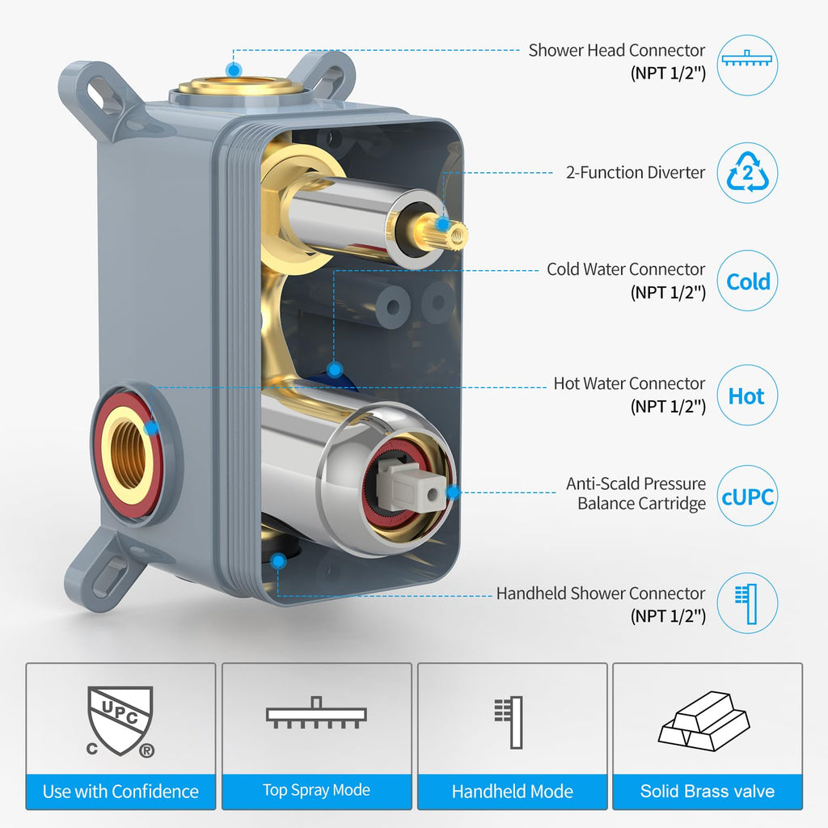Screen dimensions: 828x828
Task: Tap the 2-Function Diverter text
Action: click(x=636, y=173)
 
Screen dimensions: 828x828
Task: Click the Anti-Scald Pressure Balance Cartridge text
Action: click(x=636, y=493)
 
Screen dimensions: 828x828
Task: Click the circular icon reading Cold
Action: click(x=747, y=281)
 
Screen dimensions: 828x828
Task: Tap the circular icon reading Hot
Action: click(x=747, y=395)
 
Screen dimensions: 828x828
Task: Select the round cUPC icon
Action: click(x=747, y=496)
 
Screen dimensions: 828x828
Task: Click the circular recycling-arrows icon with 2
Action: click(x=747, y=173)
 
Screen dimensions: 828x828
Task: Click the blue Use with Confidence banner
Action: click(x=121, y=791)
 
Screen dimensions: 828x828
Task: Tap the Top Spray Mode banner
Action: click(x=317, y=791)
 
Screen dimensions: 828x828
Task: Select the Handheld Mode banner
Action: click(x=512, y=791)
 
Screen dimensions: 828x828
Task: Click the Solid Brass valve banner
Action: click(x=708, y=791)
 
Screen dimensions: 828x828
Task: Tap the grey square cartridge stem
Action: click(x=410, y=484)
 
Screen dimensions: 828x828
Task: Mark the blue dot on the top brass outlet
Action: click(x=234, y=70)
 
